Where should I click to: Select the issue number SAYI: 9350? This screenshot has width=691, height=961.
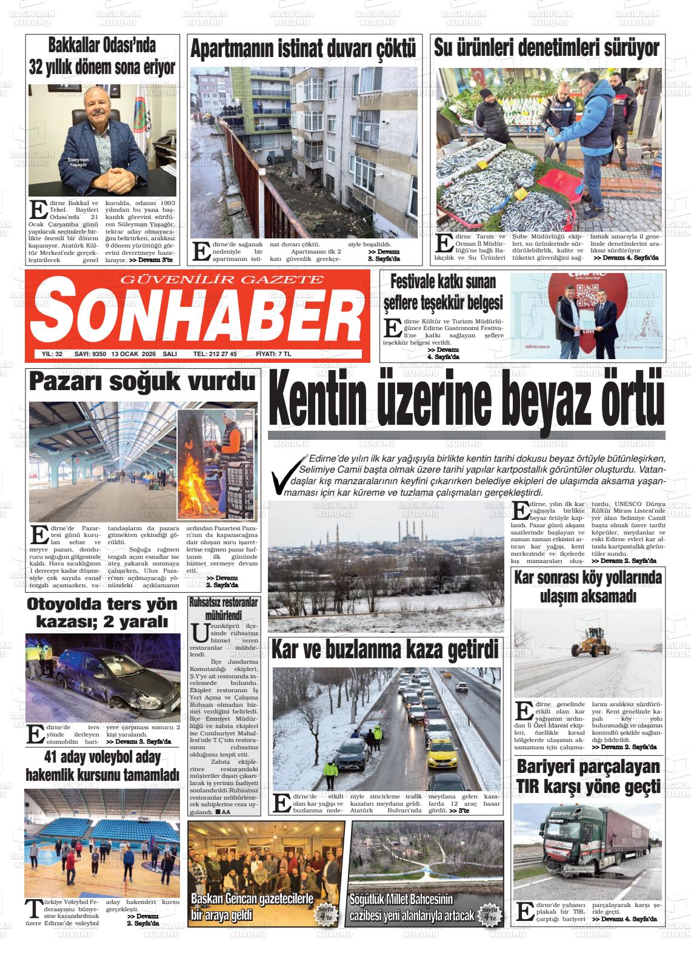pos(90,354)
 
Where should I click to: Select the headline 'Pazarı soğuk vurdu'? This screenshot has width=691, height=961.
pos(142,382)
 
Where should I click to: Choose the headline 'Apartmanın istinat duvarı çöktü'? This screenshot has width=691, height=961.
pos(303,50)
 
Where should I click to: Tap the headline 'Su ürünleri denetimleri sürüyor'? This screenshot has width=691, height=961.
pos(546,49)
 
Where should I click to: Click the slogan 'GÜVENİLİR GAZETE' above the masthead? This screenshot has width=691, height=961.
pos(223,279)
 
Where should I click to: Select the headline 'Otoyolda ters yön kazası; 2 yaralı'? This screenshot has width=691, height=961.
pos(102,613)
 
